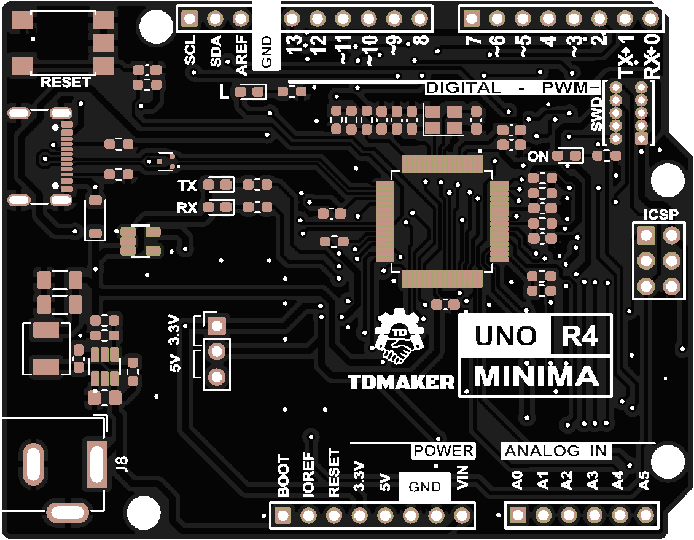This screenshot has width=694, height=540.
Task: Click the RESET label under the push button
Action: (66, 82)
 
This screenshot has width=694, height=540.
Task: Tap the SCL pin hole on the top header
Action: (190, 18)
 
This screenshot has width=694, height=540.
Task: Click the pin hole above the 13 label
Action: (292, 18)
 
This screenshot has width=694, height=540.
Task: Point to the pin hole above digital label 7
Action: (472, 18)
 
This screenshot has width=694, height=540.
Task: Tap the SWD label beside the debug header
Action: (596, 117)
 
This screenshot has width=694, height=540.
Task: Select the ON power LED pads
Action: (567, 157)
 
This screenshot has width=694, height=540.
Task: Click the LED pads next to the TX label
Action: (218, 185)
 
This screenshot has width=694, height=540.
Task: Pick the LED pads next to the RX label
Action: (218, 208)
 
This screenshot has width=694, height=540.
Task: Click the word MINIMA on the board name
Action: (536, 377)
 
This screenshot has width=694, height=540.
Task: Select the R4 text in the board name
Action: (580, 336)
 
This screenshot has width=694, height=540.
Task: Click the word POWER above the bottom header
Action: (443, 451)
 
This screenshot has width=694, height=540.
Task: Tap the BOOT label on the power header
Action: (284, 476)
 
